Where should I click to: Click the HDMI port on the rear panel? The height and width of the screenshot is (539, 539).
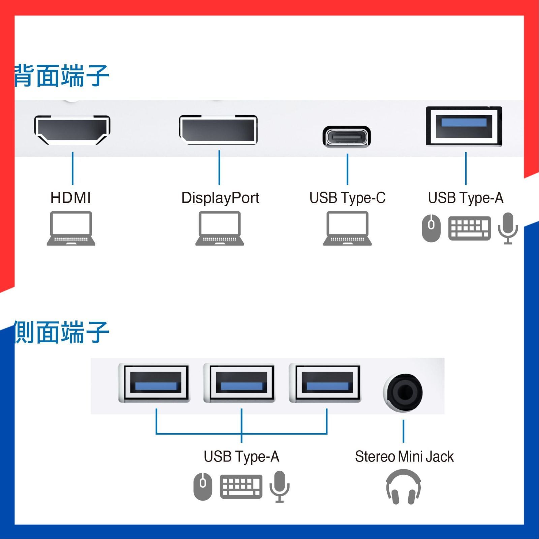[x=72, y=130]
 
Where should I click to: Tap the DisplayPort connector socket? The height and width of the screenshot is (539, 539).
[x=218, y=130]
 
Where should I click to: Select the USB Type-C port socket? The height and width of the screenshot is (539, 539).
[x=347, y=136]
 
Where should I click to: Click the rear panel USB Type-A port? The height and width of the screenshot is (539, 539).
[x=464, y=126]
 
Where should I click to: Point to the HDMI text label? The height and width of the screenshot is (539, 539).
[x=71, y=198]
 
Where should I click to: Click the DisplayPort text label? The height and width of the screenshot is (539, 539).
[x=220, y=198]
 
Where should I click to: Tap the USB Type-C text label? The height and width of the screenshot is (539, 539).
[x=347, y=198]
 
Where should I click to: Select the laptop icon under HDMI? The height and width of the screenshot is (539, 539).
[x=71, y=228]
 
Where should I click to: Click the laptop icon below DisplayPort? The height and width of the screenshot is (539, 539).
[x=220, y=228]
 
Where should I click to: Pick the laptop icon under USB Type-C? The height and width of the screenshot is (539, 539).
[x=347, y=228]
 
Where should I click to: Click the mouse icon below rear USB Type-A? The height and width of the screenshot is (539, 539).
[x=431, y=228]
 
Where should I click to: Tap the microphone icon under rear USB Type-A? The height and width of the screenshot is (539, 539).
[x=508, y=228]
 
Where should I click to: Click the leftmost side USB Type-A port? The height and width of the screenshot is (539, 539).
[x=155, y=383]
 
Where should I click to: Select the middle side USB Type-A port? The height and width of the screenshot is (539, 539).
[x=241, y=383]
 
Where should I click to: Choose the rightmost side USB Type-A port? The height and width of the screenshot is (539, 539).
[x=327, y=383]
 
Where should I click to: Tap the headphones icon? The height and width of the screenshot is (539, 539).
[x=403, y=487]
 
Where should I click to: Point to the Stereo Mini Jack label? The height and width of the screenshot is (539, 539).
[x=404, y=457]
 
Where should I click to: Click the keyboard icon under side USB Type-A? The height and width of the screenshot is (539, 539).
[x=241, y=486]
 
